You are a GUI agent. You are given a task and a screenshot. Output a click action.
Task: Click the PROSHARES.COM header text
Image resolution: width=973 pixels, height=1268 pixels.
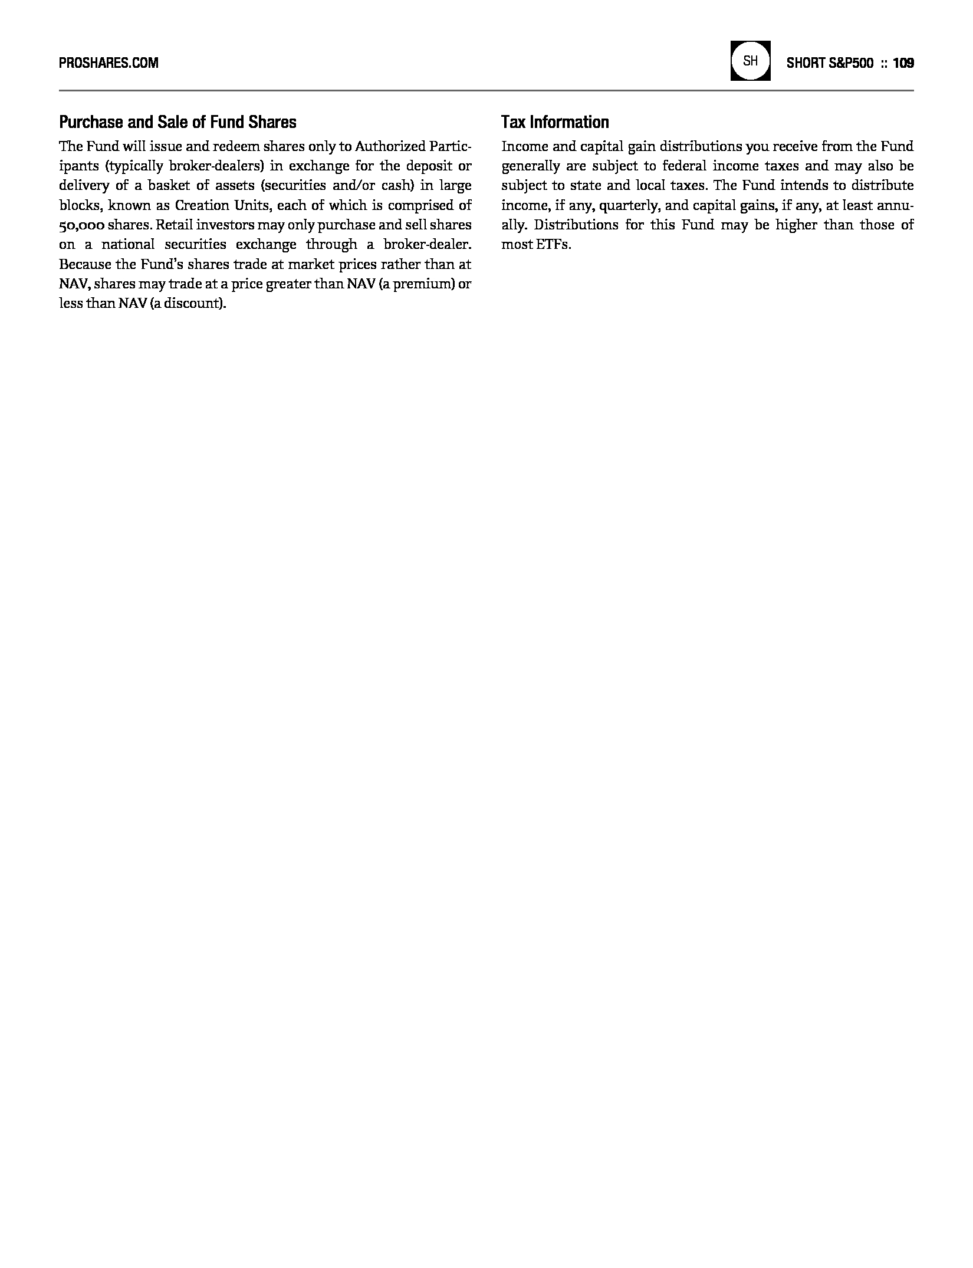click(109, 63)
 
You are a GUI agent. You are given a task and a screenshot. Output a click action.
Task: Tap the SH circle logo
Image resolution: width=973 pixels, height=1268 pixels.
click(750, 61)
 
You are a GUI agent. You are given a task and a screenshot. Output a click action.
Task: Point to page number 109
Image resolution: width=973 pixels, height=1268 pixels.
click(903, 63)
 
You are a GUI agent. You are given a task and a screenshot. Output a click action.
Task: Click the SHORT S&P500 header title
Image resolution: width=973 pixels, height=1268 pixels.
click(830, 63)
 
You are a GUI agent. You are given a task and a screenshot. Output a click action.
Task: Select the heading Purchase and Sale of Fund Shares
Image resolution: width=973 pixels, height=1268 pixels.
click(177, 122)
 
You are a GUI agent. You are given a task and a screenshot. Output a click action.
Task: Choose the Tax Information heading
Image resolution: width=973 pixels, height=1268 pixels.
click(555, 122)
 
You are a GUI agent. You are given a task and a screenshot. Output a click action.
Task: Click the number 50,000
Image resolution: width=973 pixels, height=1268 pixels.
click(81, 225)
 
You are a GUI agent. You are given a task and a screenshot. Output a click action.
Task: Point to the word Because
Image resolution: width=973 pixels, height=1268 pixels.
click(83, 264)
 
